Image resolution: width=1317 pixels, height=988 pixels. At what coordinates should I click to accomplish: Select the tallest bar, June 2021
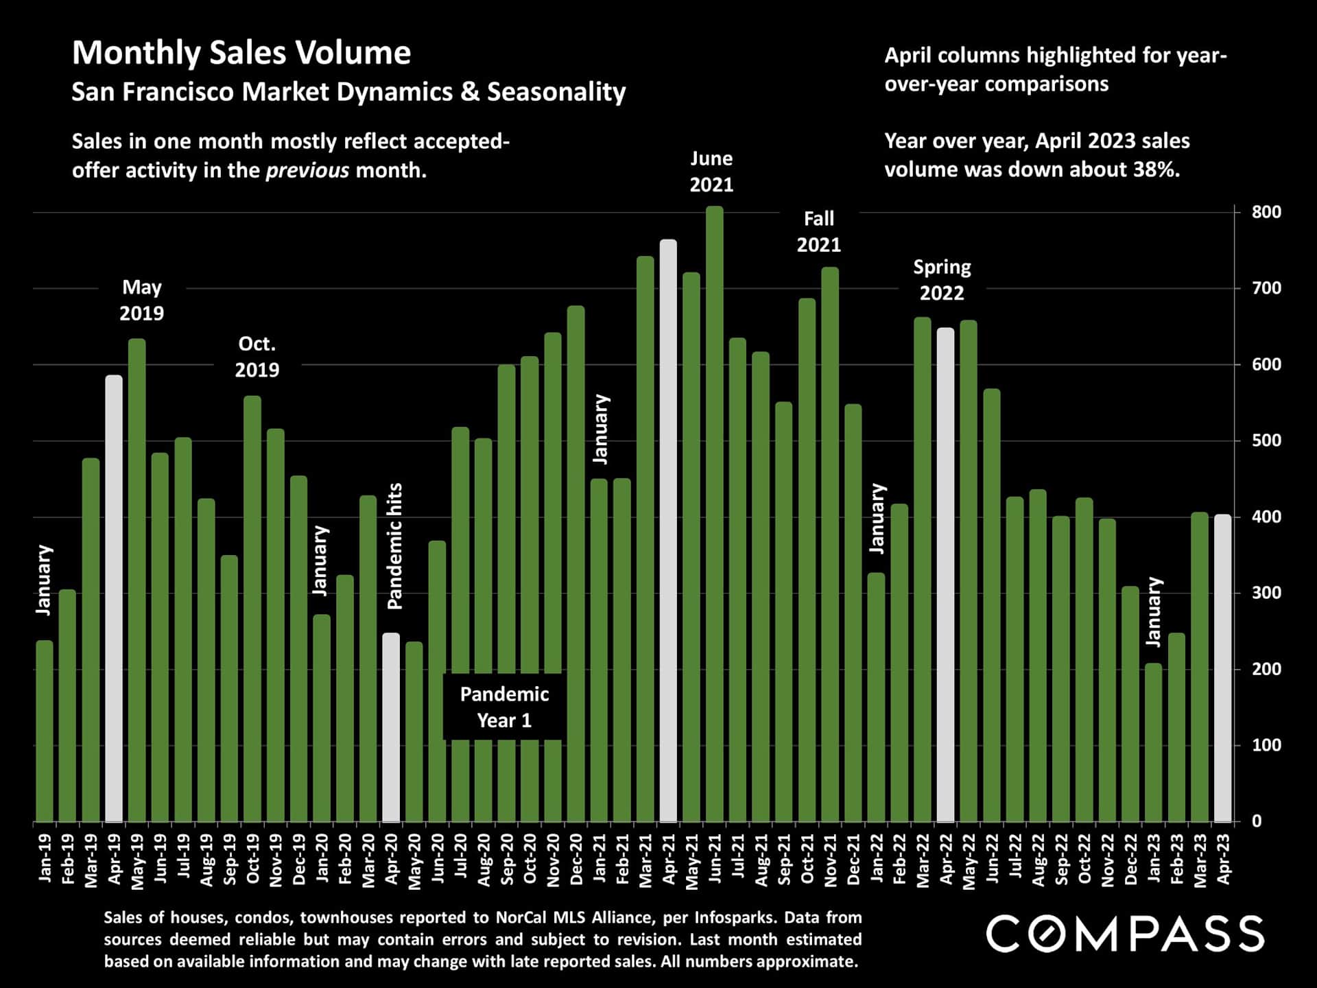715,515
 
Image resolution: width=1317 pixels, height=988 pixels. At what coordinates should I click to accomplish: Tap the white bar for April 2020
391,727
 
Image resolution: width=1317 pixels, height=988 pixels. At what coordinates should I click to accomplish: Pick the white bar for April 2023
1222,668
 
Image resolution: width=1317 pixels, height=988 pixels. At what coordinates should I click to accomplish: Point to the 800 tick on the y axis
1266,212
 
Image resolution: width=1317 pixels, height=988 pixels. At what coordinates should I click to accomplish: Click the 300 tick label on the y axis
1266,593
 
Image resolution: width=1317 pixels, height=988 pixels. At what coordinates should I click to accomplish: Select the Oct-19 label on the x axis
252,858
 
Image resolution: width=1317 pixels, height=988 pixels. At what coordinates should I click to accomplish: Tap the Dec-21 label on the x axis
853,859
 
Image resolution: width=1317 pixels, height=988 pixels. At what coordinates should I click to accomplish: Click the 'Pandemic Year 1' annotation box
504,707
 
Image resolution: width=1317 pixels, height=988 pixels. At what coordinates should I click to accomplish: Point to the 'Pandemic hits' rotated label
395,546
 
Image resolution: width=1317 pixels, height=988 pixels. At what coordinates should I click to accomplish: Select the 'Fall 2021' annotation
818,232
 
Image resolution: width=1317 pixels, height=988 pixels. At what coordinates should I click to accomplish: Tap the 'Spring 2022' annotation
942,280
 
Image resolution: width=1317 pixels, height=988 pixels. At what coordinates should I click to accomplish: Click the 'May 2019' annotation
142,300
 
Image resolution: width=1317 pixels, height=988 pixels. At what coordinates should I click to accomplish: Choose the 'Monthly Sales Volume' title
241,53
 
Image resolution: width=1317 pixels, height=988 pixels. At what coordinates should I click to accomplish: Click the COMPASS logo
1125,934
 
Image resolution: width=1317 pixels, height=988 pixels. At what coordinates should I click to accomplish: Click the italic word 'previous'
307,170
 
